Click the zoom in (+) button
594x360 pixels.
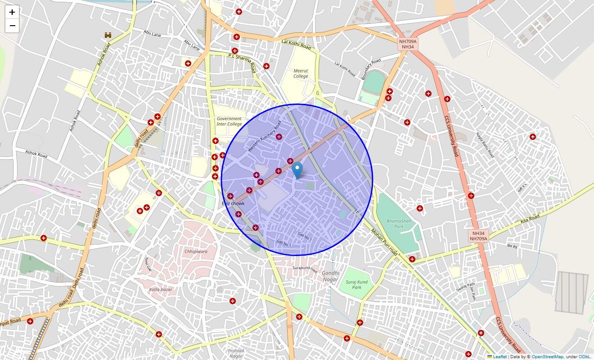[12, 12]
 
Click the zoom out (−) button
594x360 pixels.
[12, 26]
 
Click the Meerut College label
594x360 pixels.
[301, 73]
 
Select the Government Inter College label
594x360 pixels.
[229, 121]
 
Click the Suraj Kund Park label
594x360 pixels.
[356, 284]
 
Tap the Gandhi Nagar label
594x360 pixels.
[330, 276]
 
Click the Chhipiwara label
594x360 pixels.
[196, 252]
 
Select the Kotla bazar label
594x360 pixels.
[161, 289]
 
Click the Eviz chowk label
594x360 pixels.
[234, 204]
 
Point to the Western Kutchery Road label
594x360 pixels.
[264, 136]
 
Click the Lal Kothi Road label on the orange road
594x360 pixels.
[296, 44]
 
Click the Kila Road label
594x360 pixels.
[530, 220]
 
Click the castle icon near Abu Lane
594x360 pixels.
[108, 35]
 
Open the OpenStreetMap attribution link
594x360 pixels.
[547, 357]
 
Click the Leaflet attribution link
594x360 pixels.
[499, 357]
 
